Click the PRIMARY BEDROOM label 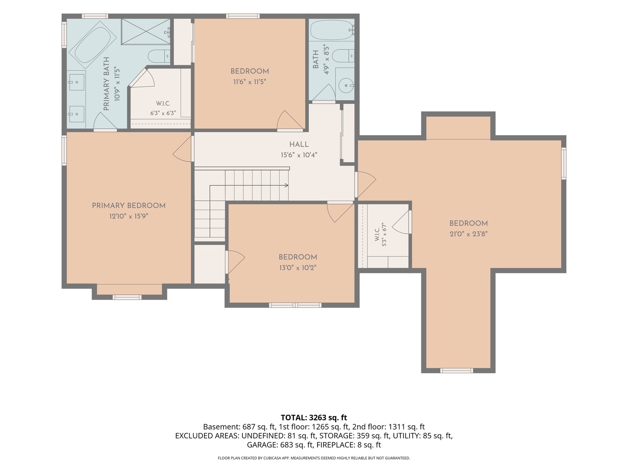[x=129, y=205]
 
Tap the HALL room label [x=299, y=144]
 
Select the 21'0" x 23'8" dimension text [x=468, y=234]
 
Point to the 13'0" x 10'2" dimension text [x=298, y=268]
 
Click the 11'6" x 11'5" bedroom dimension [x=250, y=82]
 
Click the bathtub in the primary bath [x=93, y=44]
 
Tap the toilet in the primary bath [x=159, y=56]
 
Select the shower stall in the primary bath [x=146, y=31]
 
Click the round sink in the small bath [x=346, y=85]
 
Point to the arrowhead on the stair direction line [x=287, y=185]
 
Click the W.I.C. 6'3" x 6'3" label [x=163, y=108]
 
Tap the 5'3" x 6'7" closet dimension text [x=384, y=235]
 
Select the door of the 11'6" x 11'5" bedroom [x=289, y=120]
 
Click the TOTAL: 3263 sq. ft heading [x=314, y=417]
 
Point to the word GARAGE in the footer [x=262, y=445]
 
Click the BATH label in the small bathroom [x=316, y=59]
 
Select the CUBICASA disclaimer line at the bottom [x=314, y=458]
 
